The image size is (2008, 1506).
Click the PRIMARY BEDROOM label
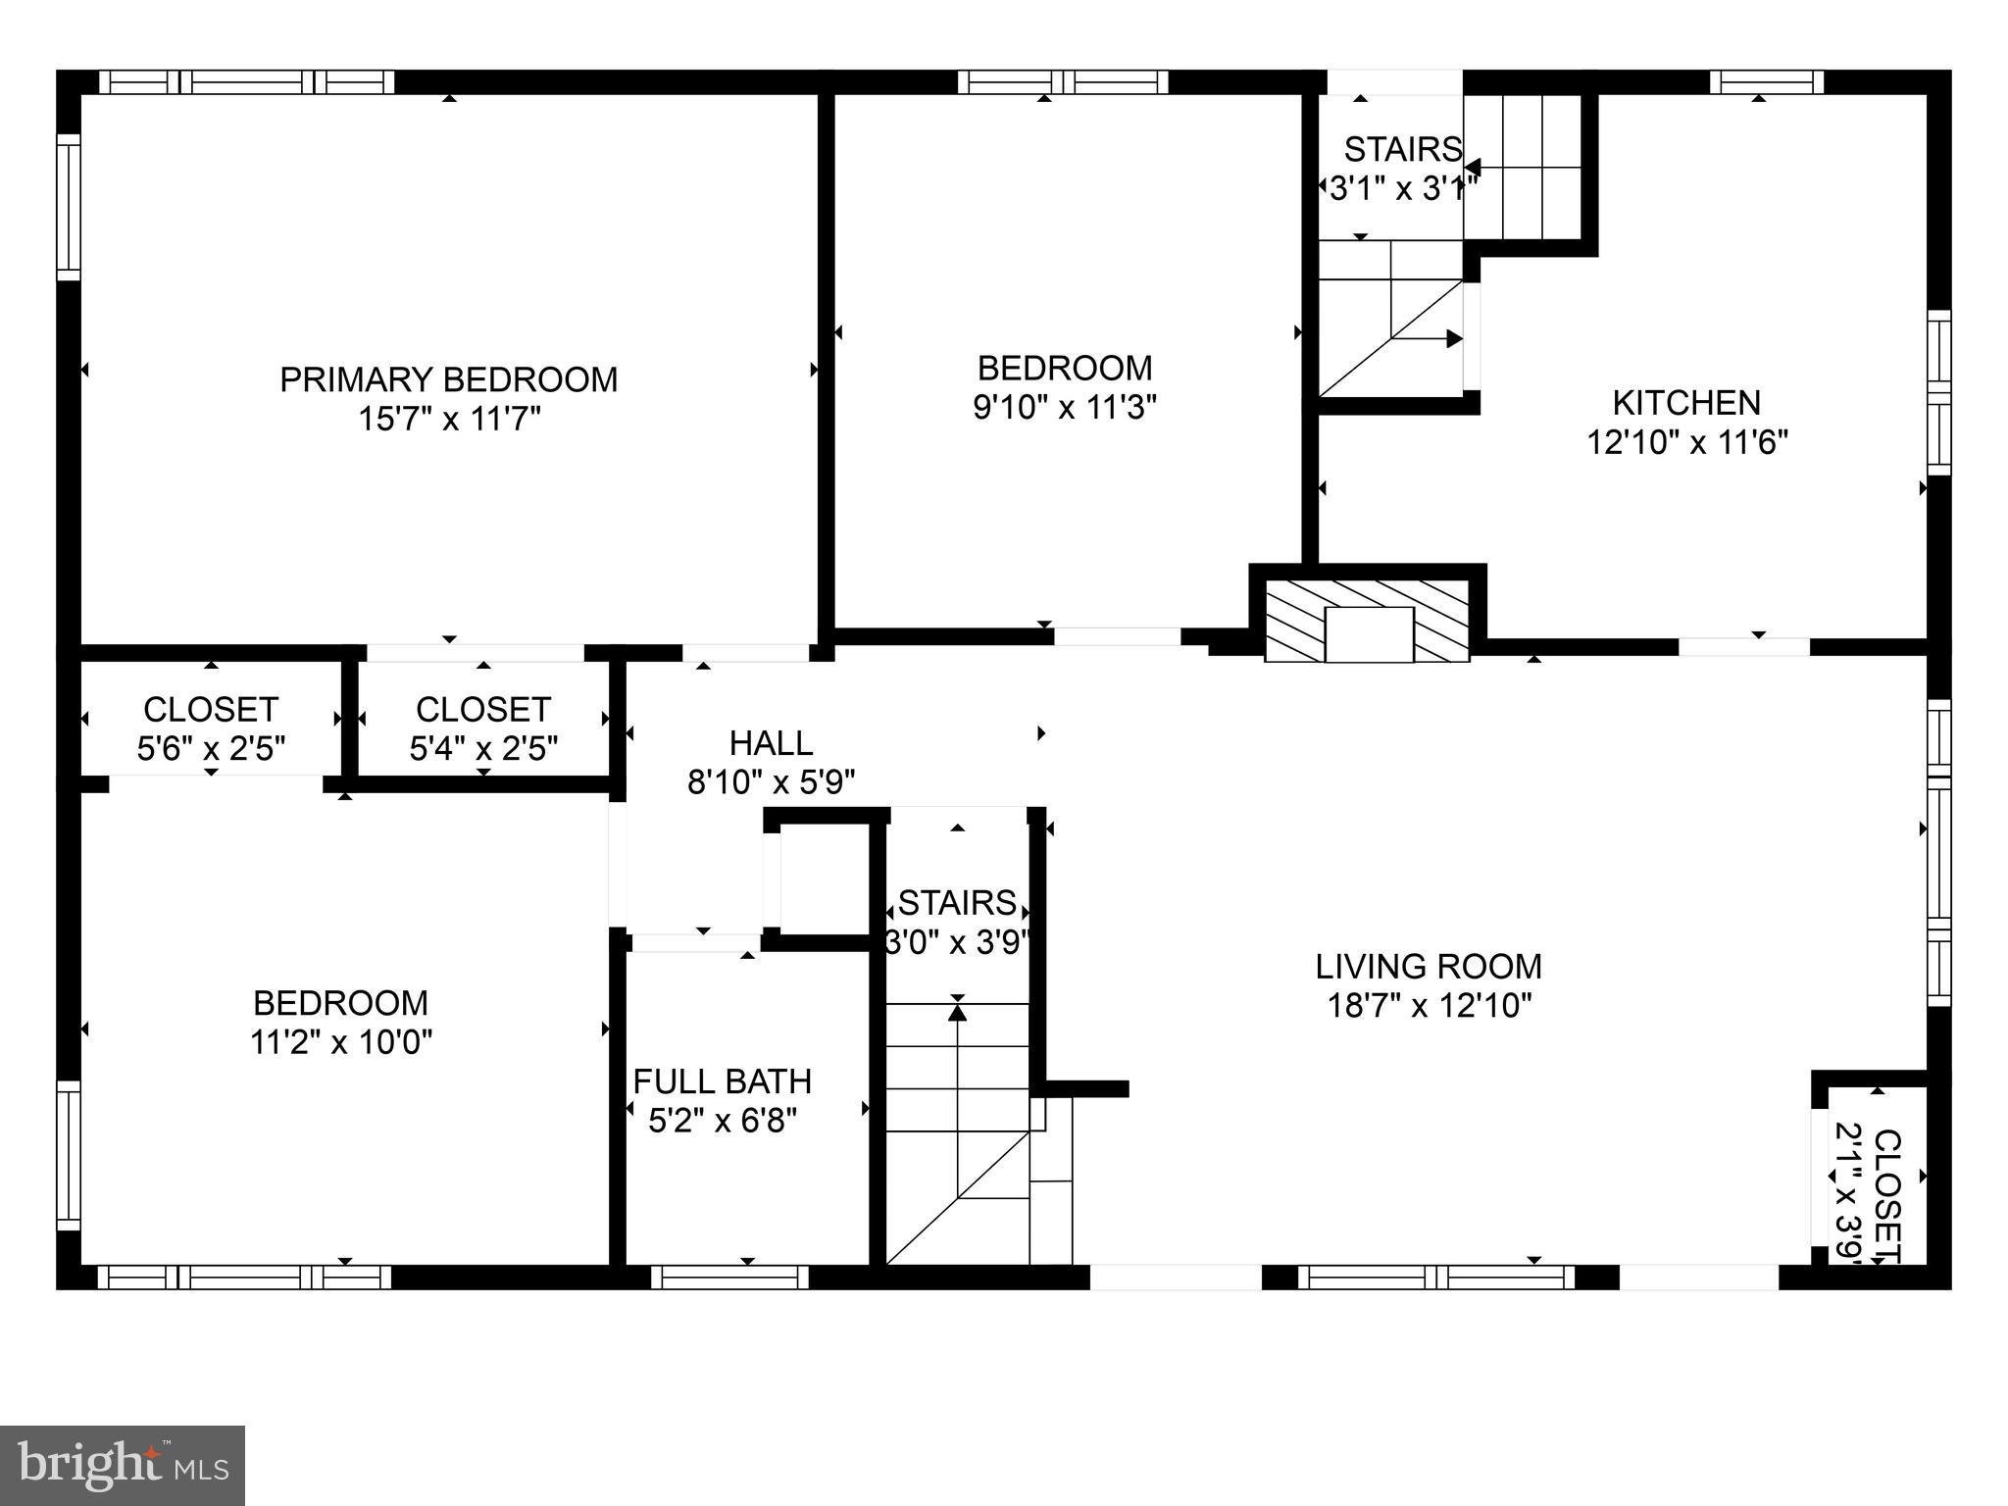(449, 379)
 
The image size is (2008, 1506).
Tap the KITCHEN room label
(1686, 402)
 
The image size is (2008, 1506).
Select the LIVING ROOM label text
(1429, 967)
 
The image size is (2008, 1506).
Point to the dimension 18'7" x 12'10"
(1429, 1006)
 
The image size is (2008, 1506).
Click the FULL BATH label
(723, 1081)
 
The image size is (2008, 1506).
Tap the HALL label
(772, 743)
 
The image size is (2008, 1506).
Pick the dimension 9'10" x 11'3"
(1065, 407)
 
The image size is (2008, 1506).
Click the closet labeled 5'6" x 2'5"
(211, 728)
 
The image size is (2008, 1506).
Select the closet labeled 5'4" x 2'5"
(483, 728)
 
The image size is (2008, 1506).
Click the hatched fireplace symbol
(1369, 620)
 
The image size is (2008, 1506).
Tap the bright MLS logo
(123, 1465)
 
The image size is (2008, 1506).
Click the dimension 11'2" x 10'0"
(341, 1041)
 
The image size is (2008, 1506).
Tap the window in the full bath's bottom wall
(730, 1277)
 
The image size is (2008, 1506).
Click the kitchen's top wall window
(1767, 81)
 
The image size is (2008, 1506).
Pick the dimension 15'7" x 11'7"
(449, 420)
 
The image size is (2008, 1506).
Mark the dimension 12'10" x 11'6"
(1686, 442)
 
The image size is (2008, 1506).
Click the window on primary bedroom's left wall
(68, 206)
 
